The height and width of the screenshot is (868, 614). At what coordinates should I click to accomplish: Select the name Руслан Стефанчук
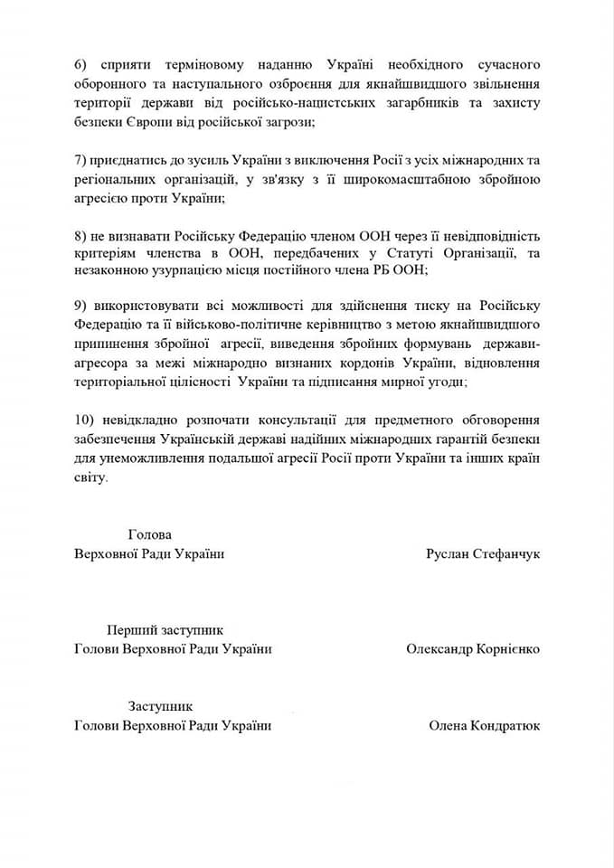[483, 553]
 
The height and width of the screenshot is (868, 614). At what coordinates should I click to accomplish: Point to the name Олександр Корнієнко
[473, 648]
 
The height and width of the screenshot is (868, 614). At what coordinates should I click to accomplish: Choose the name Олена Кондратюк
[484, 725]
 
